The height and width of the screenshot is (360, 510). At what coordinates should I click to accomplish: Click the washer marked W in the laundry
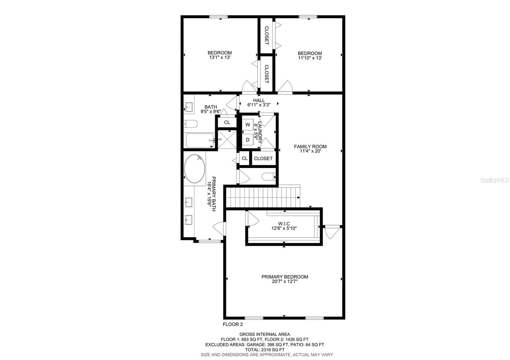(x=248, y=125)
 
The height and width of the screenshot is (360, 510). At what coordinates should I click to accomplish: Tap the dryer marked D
(x=248, y=140)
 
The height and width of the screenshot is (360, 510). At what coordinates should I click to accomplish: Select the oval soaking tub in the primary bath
(x=194, y=169)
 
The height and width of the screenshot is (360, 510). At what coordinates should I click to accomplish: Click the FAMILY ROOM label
(x=310, y=147)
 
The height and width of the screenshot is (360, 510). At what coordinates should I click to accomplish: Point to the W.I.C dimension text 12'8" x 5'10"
(x=284, y=228)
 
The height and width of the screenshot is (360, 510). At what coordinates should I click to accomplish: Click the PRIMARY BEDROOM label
(x=285, y=277)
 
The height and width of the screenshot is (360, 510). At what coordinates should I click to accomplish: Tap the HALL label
(x=259, y=100)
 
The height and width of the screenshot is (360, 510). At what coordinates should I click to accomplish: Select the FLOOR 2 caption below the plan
(x=233, y=324)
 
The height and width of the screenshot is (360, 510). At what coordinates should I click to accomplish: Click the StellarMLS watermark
(x=494, y=180)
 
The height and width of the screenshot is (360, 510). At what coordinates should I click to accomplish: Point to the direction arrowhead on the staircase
(x=299, y=198)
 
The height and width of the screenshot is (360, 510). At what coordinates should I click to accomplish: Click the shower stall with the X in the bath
(x=227, y=140)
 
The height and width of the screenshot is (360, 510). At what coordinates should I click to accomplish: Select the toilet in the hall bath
(x=191, y=124)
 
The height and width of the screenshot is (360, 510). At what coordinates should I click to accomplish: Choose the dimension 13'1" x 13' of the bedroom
(x=220, y=57)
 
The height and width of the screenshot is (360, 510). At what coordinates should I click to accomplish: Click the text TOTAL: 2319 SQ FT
(x=265, y=349)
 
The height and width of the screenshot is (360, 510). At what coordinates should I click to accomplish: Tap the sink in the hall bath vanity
(x=189, y=107)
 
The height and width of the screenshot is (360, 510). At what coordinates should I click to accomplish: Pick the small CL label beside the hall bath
(x=227, y=122)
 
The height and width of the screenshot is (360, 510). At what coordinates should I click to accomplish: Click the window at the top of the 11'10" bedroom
(x=308, y=17)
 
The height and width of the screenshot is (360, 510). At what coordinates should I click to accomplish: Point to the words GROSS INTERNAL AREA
(x=265, y=334)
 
